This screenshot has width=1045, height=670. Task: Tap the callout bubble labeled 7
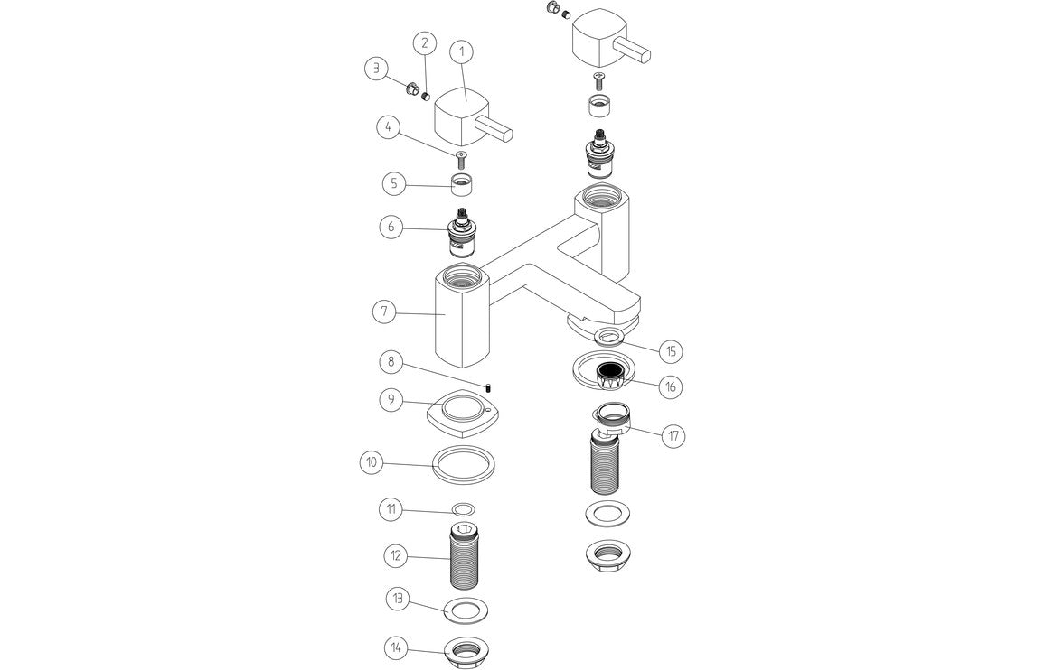pyautogui.click(x=384, y=312)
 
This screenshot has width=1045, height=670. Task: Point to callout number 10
pyautogui.click(x=372, y=462)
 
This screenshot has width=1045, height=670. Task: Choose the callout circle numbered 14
pyautogui.click(x=396, y=647)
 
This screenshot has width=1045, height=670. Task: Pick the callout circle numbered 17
pyautogui.click(x=673, y=436)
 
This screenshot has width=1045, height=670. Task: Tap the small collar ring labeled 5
pyautogui.click(x=463, y=187)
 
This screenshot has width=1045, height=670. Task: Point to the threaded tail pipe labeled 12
pyautogui.click(x=464, y=556)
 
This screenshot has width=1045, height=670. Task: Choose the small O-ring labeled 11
pyautogui.click(x=464, y=508)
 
